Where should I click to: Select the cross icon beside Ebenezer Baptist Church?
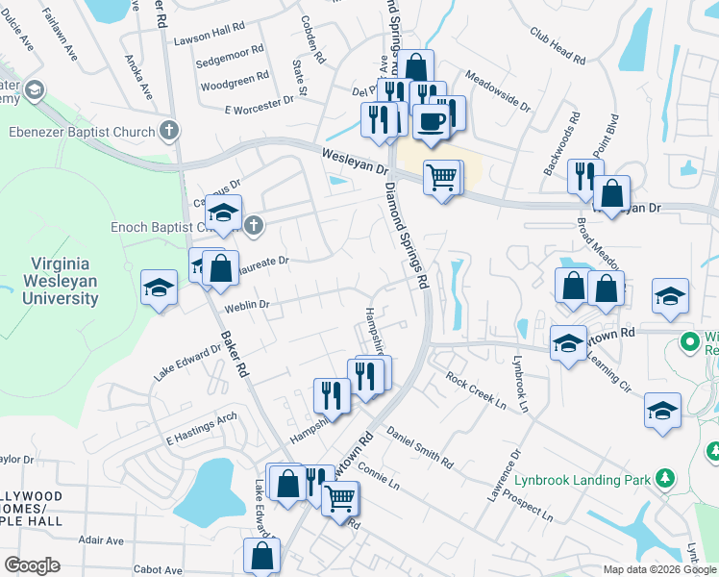point(169,130)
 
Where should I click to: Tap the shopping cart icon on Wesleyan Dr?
point(440,177)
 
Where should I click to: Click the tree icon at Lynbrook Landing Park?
point(664,478)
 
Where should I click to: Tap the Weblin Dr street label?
point(246,305)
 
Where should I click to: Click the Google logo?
point(32,565)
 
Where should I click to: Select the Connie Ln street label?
point(378,478)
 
